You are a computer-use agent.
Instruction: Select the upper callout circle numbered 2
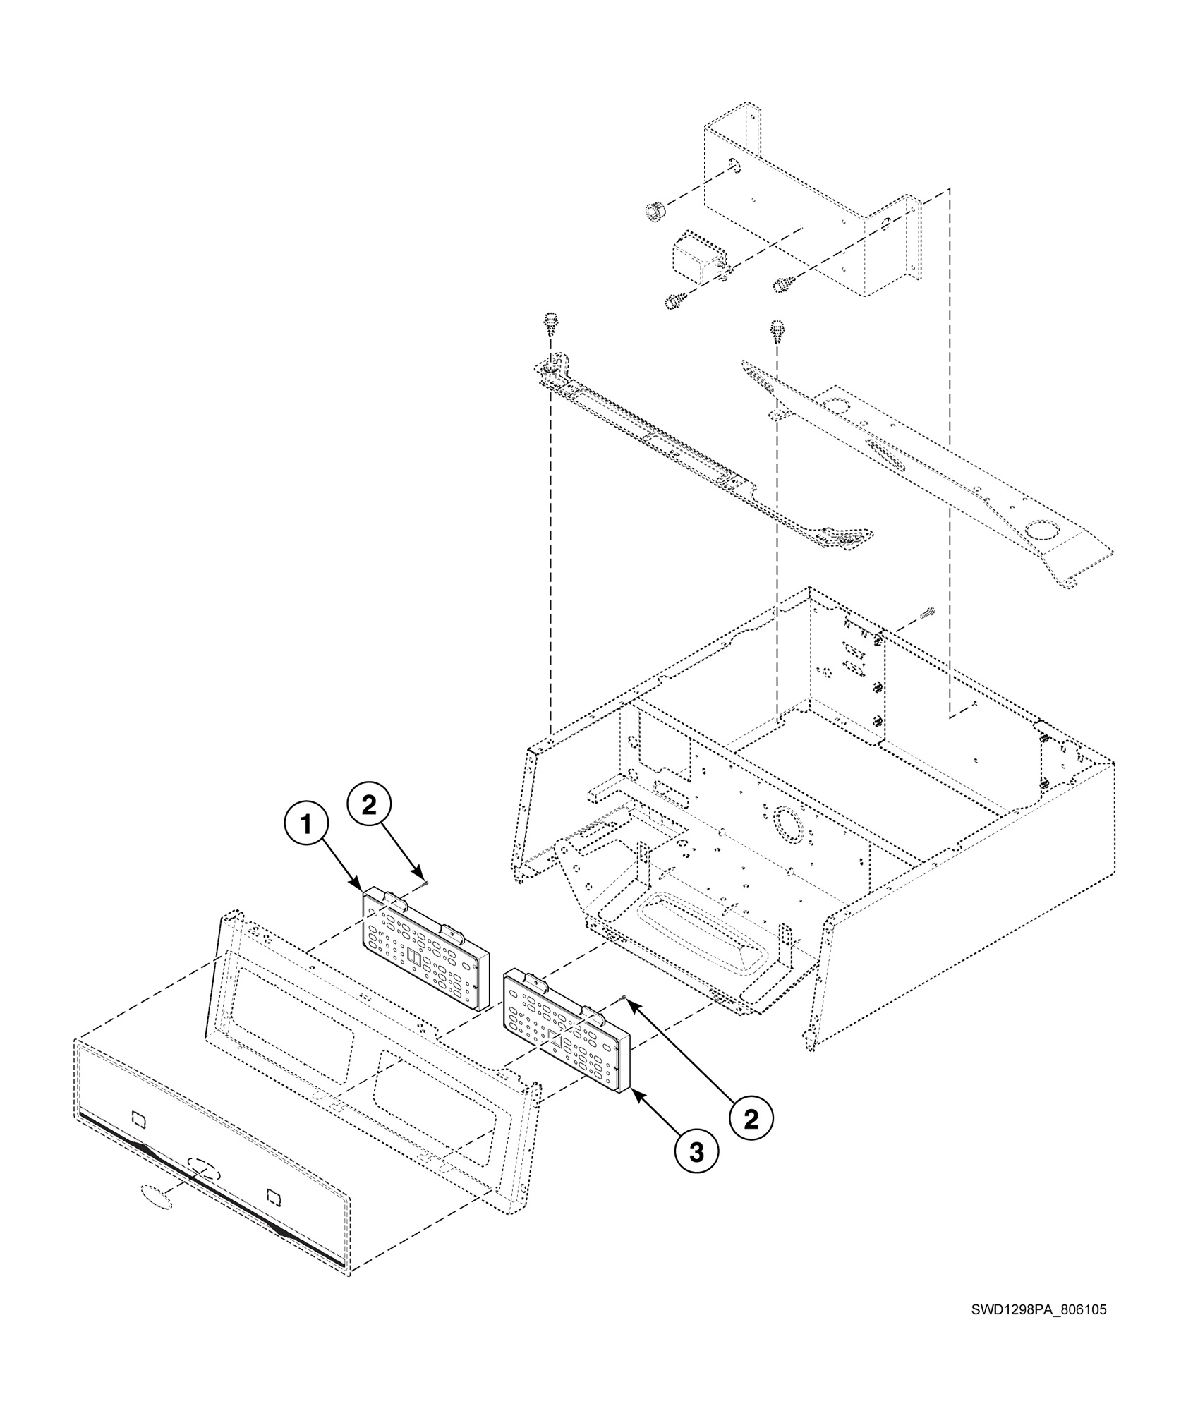[368, 806]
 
